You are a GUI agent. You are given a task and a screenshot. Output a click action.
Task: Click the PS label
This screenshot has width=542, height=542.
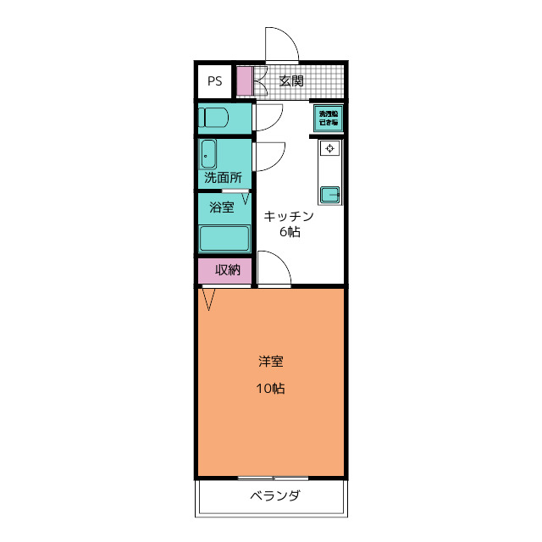(x=215, y=82)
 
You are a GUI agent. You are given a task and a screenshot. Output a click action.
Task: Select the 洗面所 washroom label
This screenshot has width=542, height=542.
(x=223, y=178)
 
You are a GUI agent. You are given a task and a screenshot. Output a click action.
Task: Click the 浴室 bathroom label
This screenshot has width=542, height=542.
(x=221, y=207)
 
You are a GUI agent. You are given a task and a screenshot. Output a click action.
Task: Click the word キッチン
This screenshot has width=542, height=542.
(x=289, y=216)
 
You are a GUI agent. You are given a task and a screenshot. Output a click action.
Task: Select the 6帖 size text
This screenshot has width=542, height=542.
(x=289, y=233)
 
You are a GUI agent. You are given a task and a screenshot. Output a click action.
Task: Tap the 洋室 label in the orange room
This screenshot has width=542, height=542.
(x=271, y=362)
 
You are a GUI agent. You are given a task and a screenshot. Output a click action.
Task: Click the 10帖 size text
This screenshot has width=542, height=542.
(x=271, y=390)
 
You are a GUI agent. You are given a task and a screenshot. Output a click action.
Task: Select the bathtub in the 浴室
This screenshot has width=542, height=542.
(x=224, y=239)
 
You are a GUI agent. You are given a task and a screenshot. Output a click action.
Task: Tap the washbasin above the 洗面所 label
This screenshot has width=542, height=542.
(x=208, y=155)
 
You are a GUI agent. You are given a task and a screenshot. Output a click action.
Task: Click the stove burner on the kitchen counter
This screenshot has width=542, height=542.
(x=329, y=150)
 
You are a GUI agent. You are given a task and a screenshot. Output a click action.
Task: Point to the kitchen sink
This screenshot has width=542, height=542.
(x=329, y=195)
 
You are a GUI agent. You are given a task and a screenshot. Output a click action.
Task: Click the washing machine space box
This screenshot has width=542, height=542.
(x=329, y=118)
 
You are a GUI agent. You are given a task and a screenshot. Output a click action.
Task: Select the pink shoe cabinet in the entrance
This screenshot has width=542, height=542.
(x=244, y=81)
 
